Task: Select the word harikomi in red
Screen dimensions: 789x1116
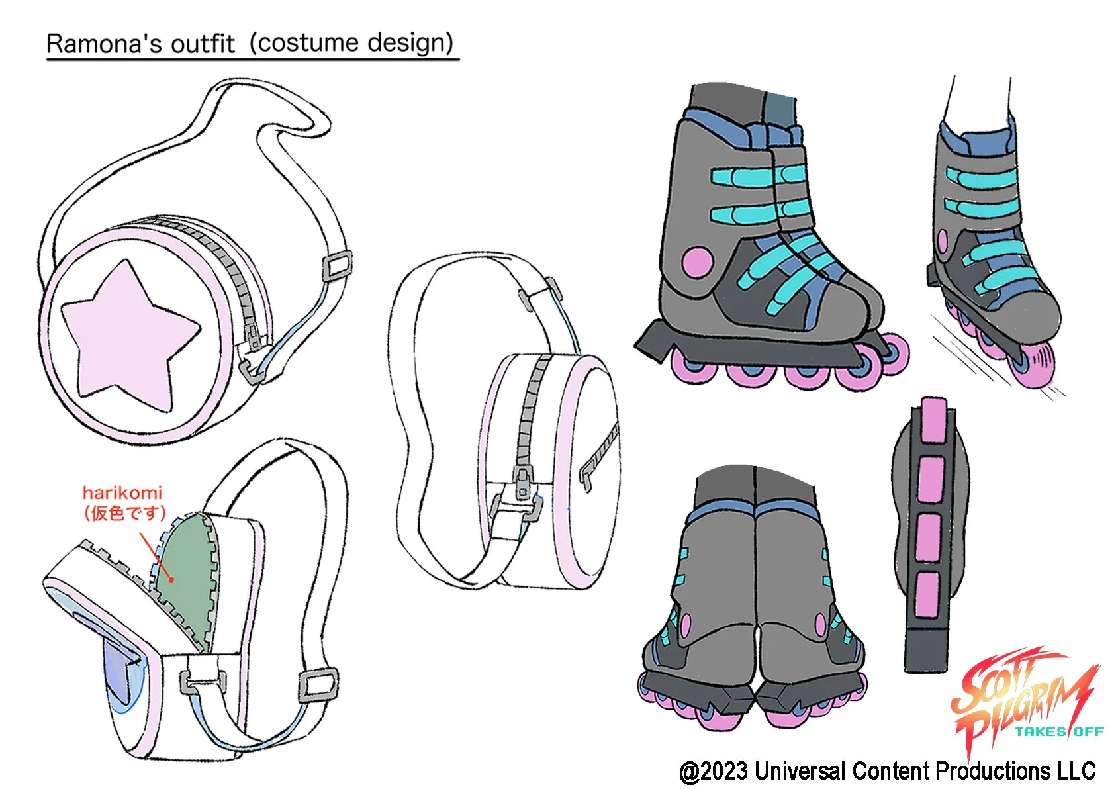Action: [x=122, y=492]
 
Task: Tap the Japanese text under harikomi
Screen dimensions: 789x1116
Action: [x=124, y=513]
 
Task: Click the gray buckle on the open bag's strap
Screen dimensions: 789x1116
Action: [x=318, y=685]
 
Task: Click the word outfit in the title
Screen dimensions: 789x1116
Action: [x=203, y=44]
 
